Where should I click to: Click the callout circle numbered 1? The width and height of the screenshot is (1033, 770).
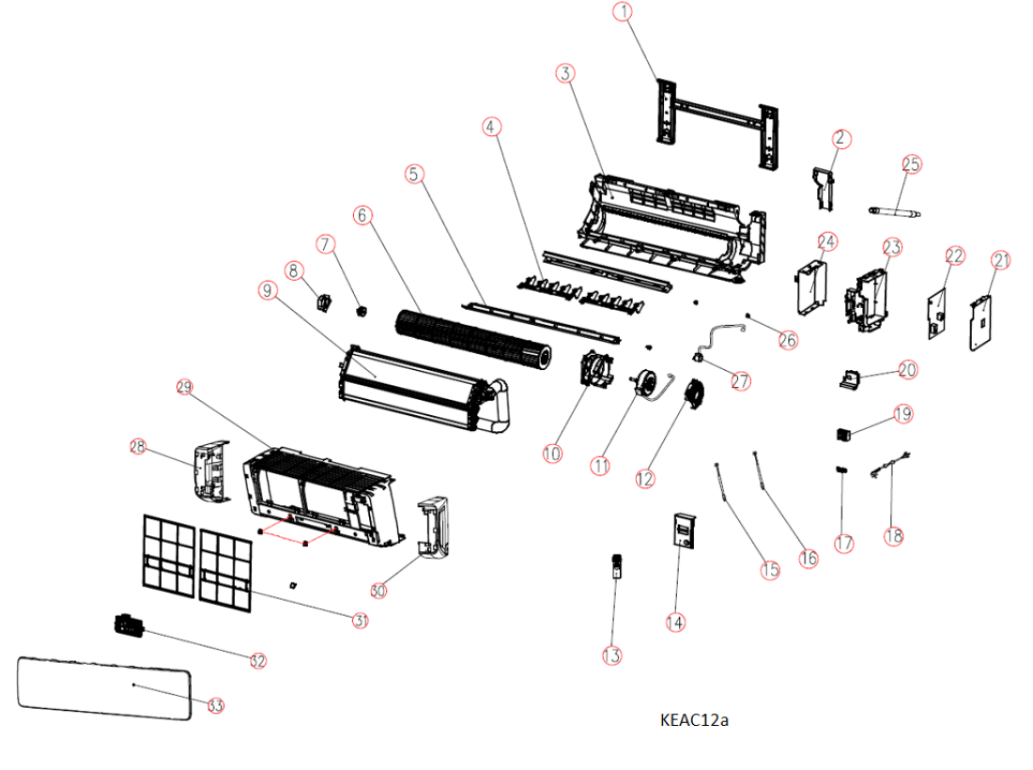pyautogui.click(x=624, y=12)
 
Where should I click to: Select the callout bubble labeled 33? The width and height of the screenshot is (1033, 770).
pyautogui.click(x=216, y=705)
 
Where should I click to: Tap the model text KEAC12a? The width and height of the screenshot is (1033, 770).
pyautogui.click(x=695, y=720)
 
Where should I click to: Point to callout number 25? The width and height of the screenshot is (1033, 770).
pyautogui.click(x=911, y=163)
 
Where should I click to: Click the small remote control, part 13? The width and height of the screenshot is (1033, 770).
pyautogui.click(x=617, y=565)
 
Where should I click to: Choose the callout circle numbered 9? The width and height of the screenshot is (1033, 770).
pyautogui.click(x=269, y=290)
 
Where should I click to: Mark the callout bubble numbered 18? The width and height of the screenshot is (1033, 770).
pyautogui.click(x=893, y=536)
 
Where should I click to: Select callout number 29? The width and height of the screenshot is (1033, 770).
pyautogui.click(x=184, y=387)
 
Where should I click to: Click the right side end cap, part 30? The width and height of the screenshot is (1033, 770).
pyautogui.click(x=433, y=531)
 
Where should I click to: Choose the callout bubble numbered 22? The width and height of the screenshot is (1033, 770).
pyautogui.click(x=955, y=255)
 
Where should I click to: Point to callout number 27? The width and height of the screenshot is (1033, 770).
pyautogui.click(x=741, y=382)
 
